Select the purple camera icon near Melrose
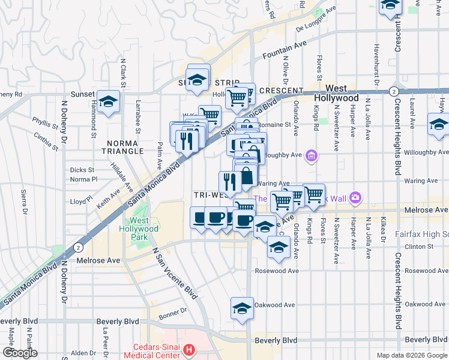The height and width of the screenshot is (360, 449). point(356,196)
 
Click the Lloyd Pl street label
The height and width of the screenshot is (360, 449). point(81,201)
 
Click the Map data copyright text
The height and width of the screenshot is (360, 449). point(411,355)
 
